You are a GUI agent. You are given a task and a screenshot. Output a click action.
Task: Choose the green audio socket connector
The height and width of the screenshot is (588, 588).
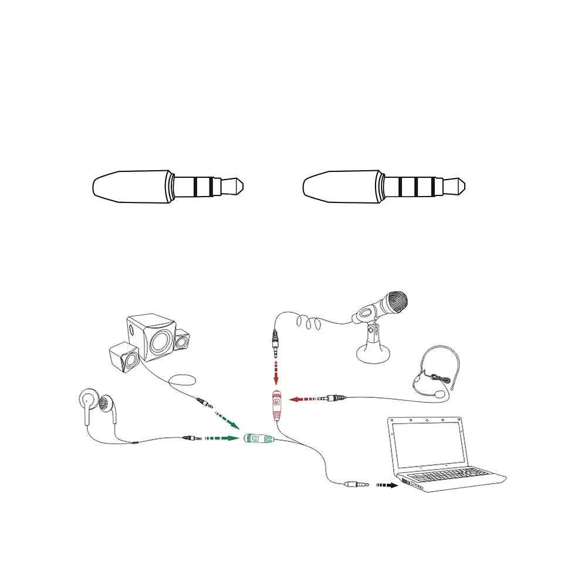pyautogui.click(x=258, y=438)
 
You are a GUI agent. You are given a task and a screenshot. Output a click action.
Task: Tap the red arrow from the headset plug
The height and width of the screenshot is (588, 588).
pyautogui.click(x=303, y=399)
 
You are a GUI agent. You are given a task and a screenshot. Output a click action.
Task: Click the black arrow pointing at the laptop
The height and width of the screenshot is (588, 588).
pyautogui.click(x=386, y=485)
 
